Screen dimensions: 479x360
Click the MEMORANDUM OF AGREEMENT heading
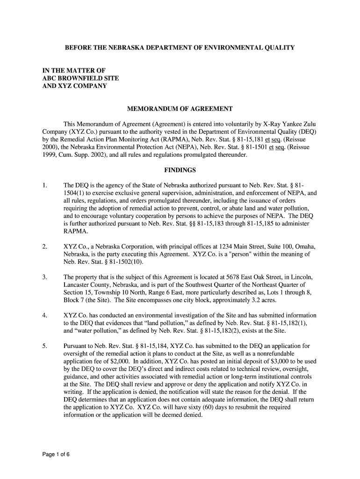180,109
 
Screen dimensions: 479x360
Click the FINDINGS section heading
180,170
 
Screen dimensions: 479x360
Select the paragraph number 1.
44,185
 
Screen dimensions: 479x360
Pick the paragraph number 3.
44,277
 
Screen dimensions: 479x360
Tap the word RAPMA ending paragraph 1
75,231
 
